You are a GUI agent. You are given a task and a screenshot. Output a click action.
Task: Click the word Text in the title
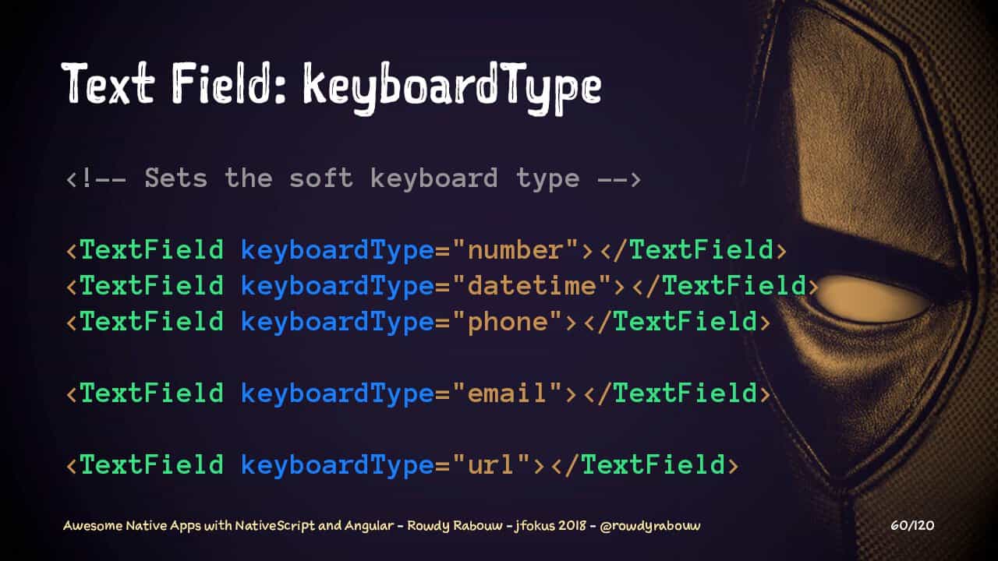click(x=108, y=83)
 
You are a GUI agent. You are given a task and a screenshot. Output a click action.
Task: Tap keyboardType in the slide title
click(x=452, y=88)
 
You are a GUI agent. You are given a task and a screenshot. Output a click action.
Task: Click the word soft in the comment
click(x=321, y=178)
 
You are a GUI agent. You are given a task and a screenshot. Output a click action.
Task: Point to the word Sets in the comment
click(x=176, y=178)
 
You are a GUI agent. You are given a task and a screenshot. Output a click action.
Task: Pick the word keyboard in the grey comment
click(x=434, y=179)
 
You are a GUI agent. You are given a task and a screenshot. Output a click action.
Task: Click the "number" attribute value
click(x=515, y=250)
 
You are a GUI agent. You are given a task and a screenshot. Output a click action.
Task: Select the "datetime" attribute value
click(x=532, y=285)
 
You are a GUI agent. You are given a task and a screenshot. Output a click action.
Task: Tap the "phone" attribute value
click(x=507, y=322)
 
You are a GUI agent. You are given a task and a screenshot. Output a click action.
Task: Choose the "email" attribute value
click(x=507, y=393)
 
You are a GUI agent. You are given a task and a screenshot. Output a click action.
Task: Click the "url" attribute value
click(x=491, y=464)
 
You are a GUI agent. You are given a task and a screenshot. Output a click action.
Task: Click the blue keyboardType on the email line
click(x=338, y=394)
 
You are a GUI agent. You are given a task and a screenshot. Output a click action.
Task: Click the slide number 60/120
click(x=912, y=526)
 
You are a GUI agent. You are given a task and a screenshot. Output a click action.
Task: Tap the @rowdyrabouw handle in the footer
click(x=650, y=526)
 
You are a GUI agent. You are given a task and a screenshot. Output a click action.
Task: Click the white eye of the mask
click(x=872, y=298)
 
